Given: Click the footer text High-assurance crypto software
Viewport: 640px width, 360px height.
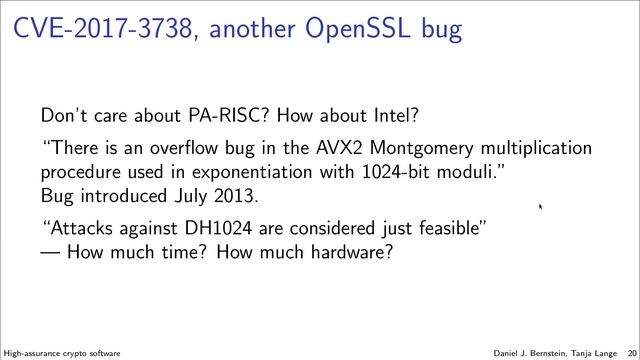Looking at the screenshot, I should point(63,353).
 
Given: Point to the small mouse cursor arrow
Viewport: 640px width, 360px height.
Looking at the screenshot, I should point(540,207).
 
